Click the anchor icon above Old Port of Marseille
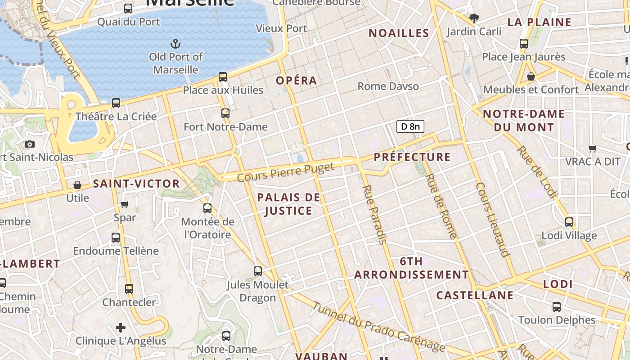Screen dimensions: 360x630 coord(175,44)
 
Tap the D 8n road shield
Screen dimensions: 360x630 coord(410,126)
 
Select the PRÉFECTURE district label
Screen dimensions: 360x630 coord(412,157)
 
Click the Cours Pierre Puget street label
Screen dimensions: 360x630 coord(285,172)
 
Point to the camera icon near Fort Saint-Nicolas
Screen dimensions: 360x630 coord(30,144)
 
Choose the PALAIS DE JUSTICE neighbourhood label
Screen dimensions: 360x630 coord(288,204)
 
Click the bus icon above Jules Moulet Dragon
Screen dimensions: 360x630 coord(258,271)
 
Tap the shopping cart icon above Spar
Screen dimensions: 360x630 coord(125,205)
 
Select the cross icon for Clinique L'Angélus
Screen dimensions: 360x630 coord(121,327)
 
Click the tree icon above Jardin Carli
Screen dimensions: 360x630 coord(474,18)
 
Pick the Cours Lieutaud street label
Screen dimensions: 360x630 coord(493,219)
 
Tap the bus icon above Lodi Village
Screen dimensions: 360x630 coord(569,222)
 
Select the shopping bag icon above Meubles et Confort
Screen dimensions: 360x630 coord(531,76)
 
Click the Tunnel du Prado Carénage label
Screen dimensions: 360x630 coord(378,327)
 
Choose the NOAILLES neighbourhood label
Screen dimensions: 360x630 coord(399,33)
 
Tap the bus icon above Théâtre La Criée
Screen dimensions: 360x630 coord(116,103)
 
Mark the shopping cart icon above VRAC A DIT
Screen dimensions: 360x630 coord(593,148)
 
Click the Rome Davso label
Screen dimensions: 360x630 coord(388,86)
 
